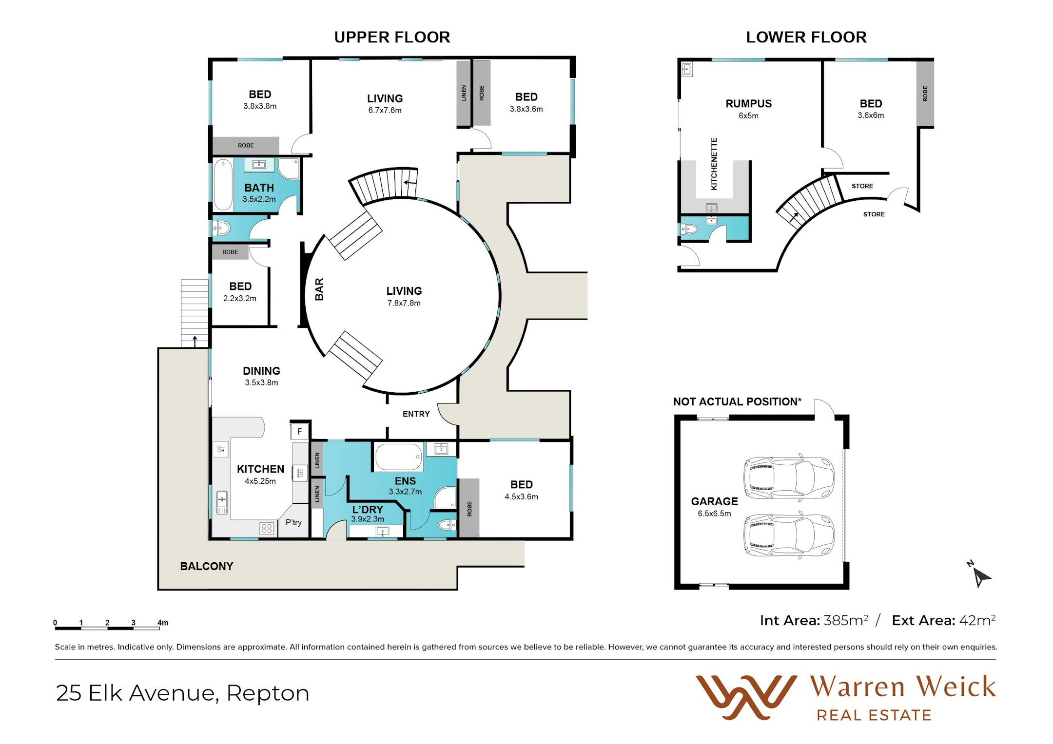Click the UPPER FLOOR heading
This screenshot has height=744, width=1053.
(x=392, y=38)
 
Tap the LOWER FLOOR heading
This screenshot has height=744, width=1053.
(x=806, y=38)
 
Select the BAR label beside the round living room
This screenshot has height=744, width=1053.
(x=319, y=289)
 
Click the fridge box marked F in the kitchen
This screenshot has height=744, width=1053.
(x=300, y=431)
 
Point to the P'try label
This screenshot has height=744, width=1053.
(x=293, y=522)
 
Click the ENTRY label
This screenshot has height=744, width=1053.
(x=416, y=414)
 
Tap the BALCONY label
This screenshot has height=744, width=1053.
(x=207, y=566)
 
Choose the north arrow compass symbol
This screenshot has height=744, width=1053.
(x=979, y=574)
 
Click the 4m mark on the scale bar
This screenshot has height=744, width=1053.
(x=162, y=623)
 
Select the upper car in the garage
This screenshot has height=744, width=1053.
(x=789, y=478)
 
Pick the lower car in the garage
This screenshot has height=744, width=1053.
(x=789, y=534)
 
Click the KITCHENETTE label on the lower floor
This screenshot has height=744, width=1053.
(x=714, y=164)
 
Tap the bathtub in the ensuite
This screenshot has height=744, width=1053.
(x=398, y=457)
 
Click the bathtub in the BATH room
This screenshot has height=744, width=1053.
(x=223, y=184)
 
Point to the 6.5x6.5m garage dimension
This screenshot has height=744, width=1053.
(x=714, y=514)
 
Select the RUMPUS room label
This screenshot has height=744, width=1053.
(x=748, y=104)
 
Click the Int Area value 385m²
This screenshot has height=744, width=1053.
(x=846, y=620)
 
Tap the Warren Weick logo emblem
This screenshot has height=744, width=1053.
(x=746, y=697)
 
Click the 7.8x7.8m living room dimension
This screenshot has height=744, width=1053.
(x=404, y=303)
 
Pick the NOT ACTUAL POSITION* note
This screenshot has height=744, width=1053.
(x=737, y=401)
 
